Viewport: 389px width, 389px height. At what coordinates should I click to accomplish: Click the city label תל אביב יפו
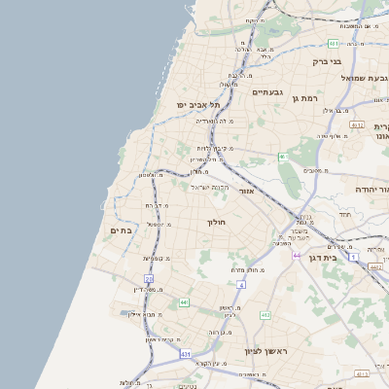tap(198, 104)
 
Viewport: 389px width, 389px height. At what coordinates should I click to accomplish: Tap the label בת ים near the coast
tap(122, 230)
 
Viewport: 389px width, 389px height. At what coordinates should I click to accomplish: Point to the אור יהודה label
tap(371, 189)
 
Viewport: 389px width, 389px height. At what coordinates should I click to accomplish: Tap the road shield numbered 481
tap(334, 44)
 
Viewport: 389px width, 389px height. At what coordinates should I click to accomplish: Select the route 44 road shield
tap(296, 255)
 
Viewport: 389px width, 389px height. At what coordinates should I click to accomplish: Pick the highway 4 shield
tap(241, 284)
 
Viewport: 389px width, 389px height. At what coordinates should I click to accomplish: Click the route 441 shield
tap(183, 302)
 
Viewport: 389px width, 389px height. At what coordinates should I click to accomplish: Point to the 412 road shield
tap(265, 315)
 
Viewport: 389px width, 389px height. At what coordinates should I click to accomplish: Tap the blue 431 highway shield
tap(186, 354)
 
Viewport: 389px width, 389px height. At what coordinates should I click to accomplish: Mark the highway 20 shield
tap(149, 279)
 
